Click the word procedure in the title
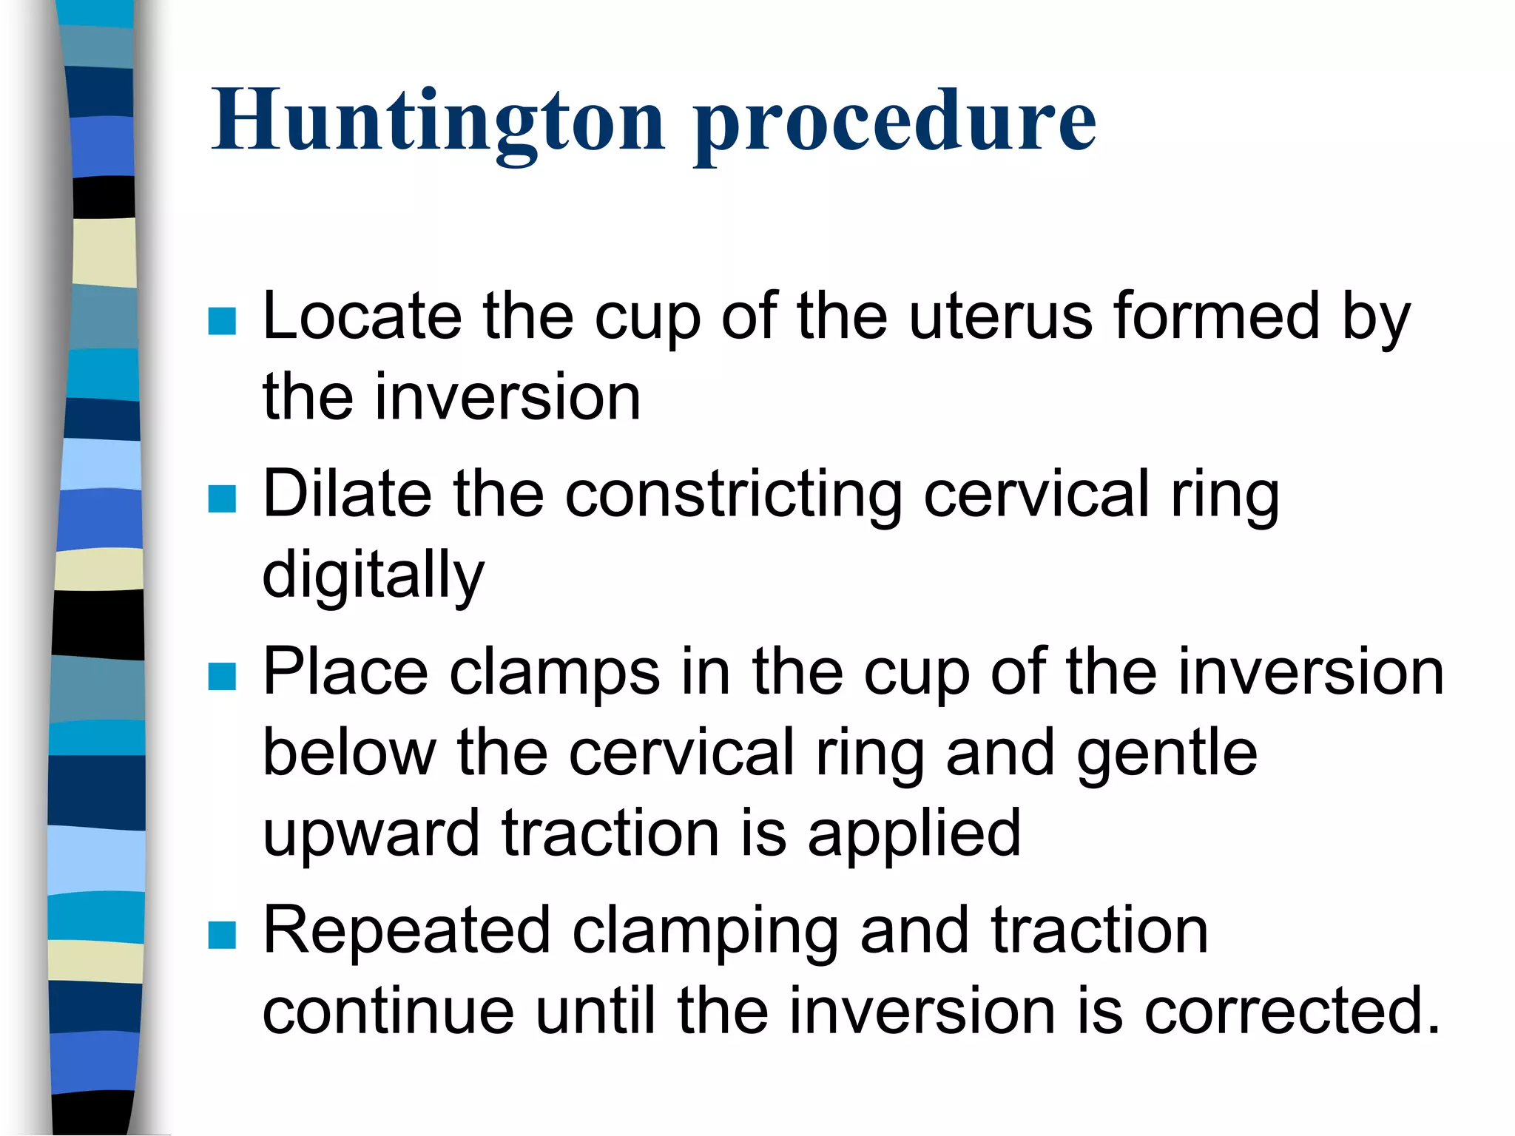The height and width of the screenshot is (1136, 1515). pos(894,122)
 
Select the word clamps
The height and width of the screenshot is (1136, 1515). pos(554,673)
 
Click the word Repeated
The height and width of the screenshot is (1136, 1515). pos(406,931)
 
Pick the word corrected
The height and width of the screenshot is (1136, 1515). pos(1292,1011)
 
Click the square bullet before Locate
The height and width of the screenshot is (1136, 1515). pos(222,321)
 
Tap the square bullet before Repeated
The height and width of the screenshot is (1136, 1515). pos(222,935)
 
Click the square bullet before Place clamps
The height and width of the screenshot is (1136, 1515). pos(222,676)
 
